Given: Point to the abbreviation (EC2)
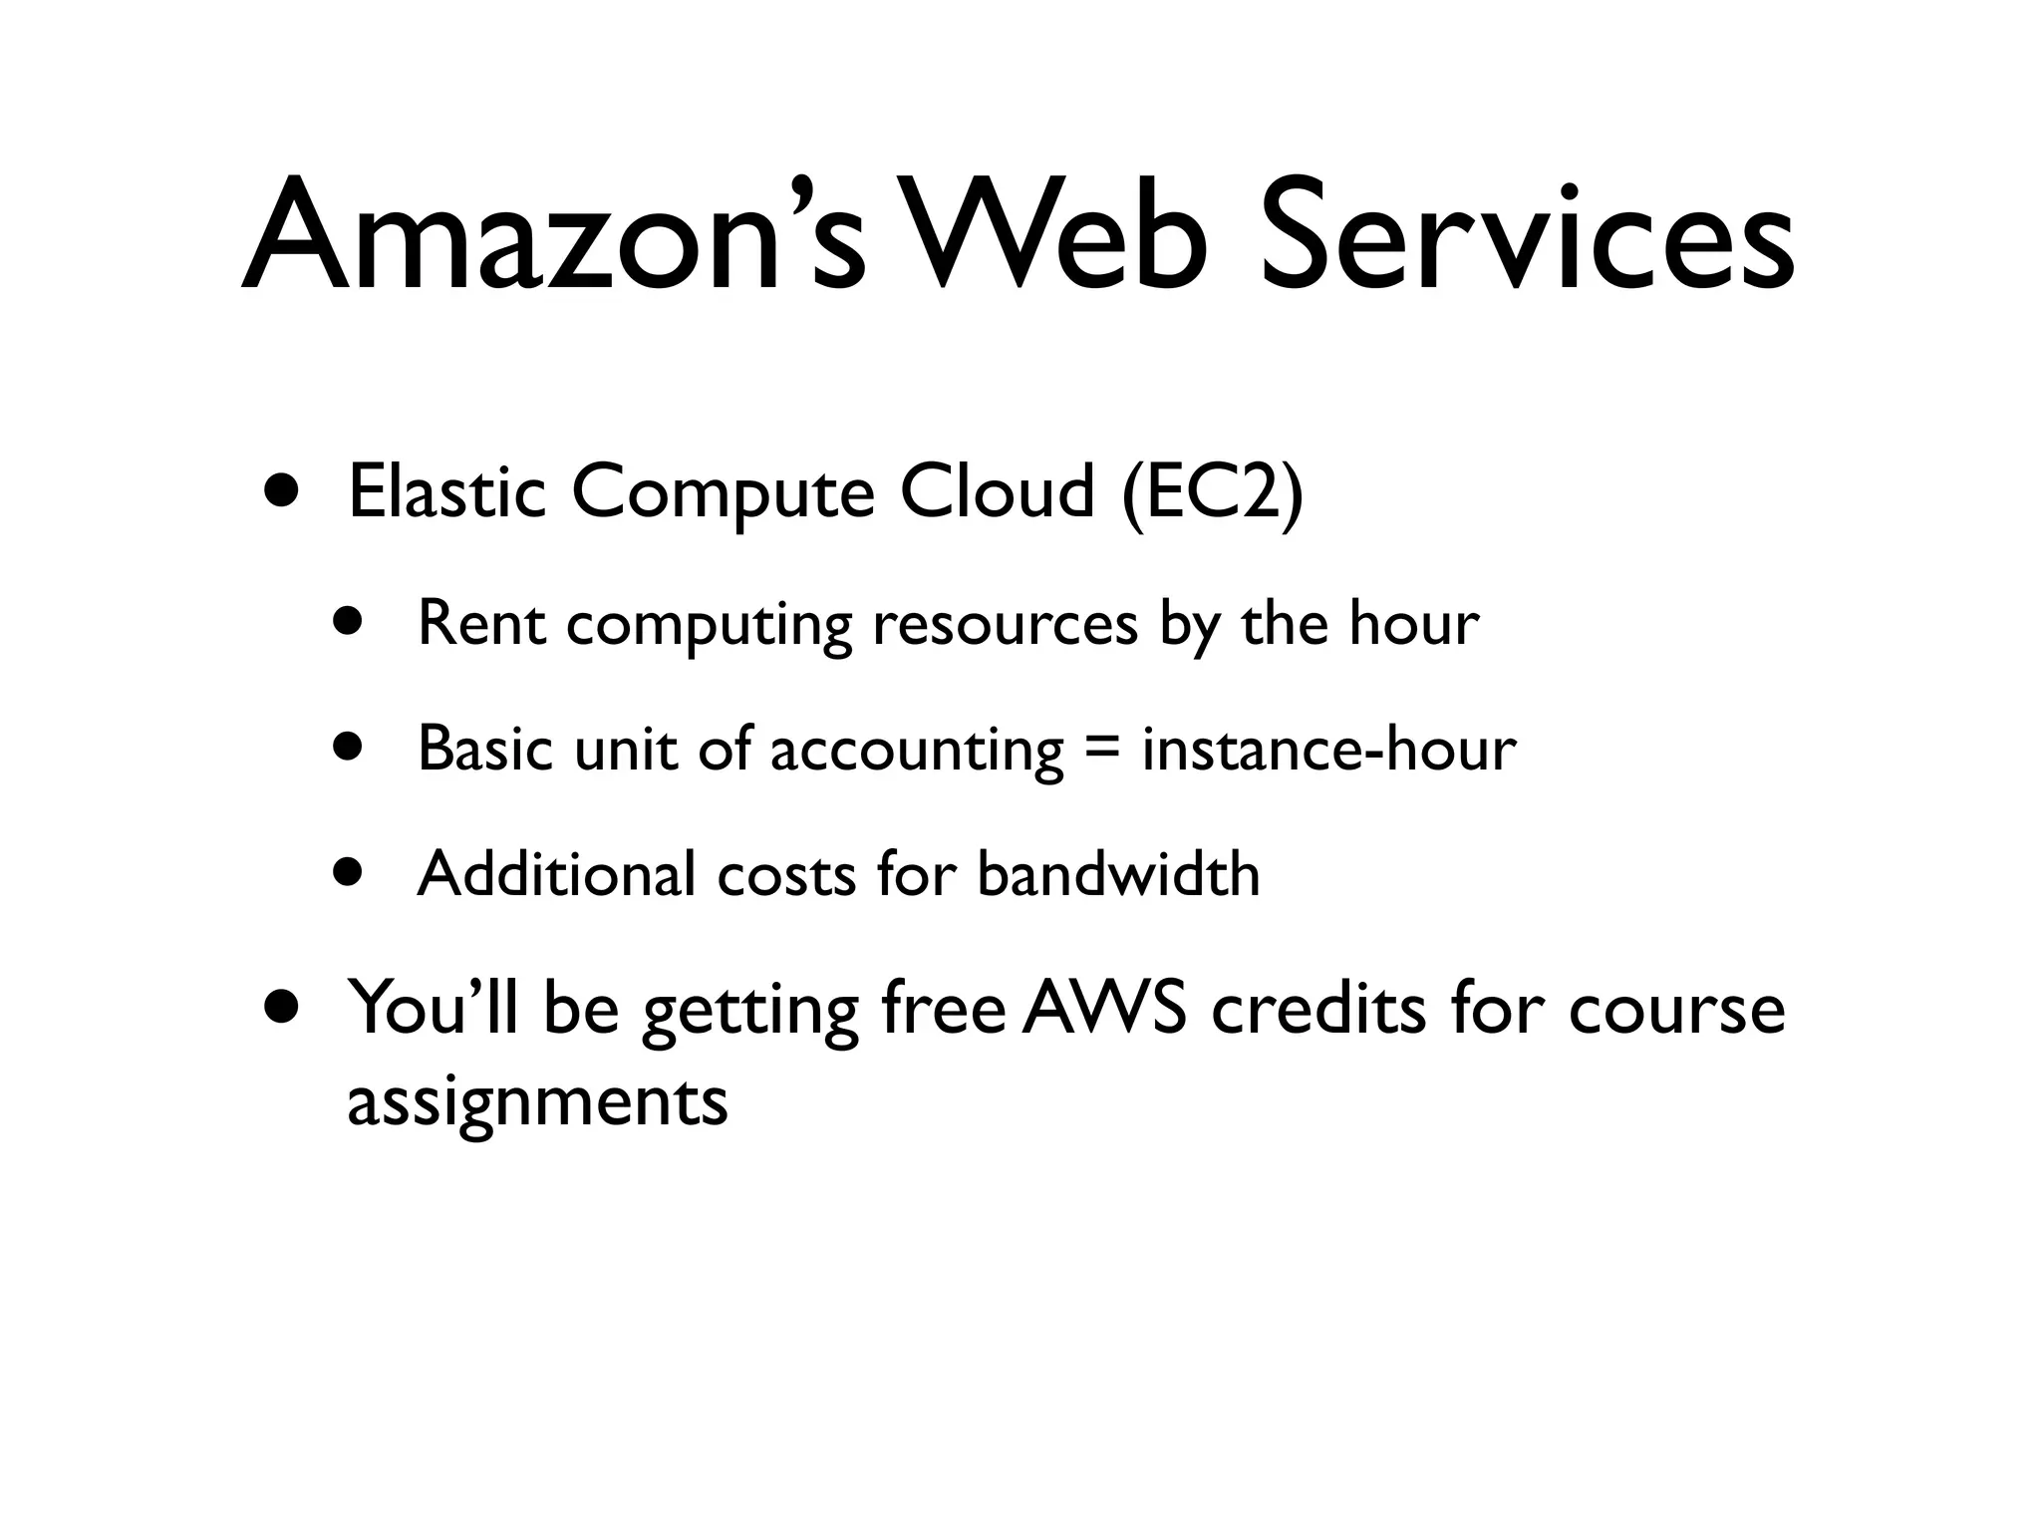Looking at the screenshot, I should click(1211, 494).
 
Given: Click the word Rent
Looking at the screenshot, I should click(482, 624).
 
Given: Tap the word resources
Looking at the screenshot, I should click(1006, 626).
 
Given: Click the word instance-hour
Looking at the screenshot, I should click(1329, 750).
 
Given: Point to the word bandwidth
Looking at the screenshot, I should click(1118, 874).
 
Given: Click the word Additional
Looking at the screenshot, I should click(556, 874).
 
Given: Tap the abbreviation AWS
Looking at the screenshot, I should click(1104, 1008).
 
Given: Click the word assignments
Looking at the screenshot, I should click(537, 1102).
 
